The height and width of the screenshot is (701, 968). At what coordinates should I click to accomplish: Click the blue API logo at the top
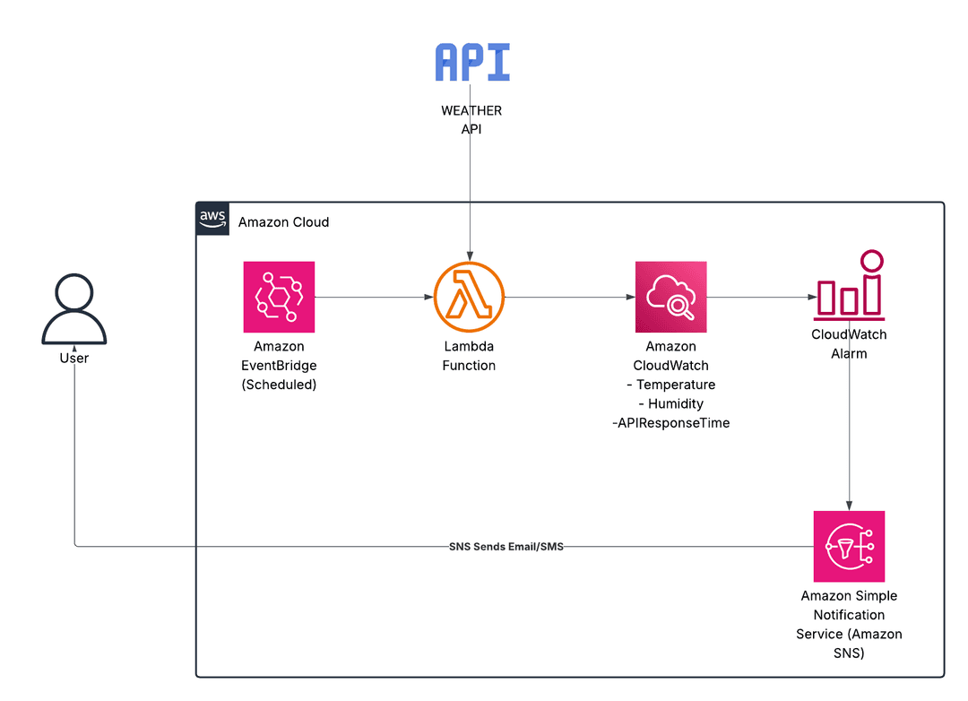[x=472, y=63]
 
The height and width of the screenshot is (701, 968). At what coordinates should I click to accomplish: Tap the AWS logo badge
[x=212, y=218]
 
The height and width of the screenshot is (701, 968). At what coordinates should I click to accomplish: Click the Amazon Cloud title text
[x=283, y=221]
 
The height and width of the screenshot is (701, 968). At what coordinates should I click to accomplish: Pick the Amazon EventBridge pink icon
[x=279, y=297]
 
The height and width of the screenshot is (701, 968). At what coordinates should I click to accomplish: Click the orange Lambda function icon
[x=469, y=297]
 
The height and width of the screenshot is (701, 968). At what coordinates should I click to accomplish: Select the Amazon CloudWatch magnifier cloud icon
[x=670, y=297]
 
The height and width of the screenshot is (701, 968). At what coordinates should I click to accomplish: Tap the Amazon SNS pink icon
[x=849, y=546]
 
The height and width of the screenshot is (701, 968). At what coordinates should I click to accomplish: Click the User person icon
[x=74, y=309]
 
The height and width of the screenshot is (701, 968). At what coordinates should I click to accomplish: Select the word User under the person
[x=74, y=358]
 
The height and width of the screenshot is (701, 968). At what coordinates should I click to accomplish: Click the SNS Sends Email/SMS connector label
[x=506, y=546]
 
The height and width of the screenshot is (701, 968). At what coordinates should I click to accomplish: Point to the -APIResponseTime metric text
[x=670, y=423]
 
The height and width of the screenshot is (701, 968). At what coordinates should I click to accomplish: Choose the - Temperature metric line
[x=670, y=385]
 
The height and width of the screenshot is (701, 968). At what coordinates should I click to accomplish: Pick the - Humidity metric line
[x=670, y=403]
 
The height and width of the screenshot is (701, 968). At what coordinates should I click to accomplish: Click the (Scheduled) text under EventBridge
[x=279, y=385]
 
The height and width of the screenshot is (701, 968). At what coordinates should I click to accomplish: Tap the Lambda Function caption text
[x=469, y=356]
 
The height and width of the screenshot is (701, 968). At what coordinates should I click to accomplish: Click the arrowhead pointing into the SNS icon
[x=849, y=506]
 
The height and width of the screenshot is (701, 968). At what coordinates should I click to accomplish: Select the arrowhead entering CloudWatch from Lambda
[x=629, y=297]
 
